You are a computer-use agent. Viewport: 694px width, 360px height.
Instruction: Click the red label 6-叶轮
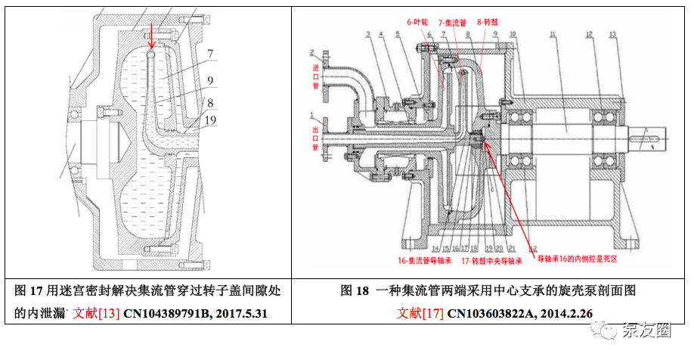(418, 23)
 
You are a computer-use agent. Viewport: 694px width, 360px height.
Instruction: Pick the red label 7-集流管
(453, 23)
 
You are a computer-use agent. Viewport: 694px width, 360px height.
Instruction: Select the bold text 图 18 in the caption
(353, 290)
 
